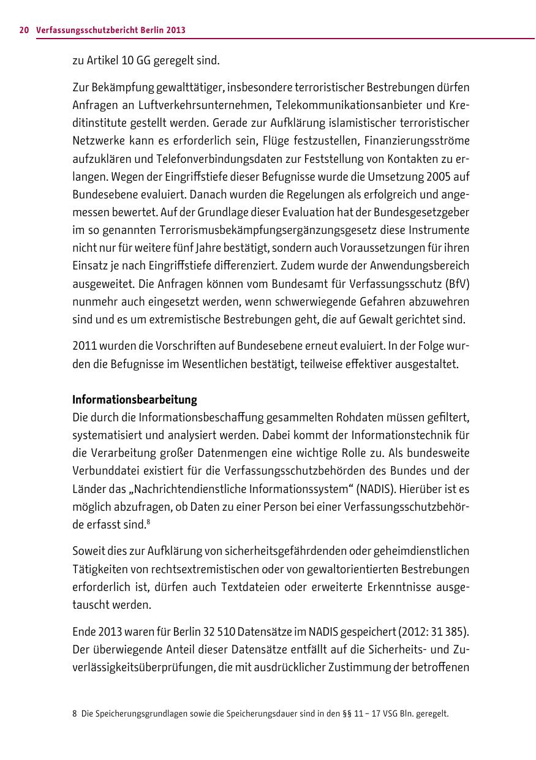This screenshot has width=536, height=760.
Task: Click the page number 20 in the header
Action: coord(25,29)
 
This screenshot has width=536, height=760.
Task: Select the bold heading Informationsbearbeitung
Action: coord(135,400)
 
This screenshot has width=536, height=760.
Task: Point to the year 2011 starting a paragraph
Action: coord(84,347)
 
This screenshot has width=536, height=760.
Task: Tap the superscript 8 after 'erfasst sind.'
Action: coord(148,522)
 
